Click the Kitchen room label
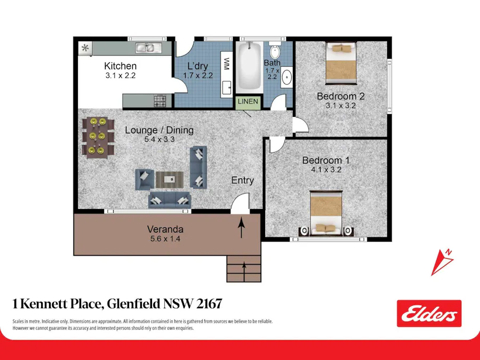tap(120, 66)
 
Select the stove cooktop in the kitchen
tap(160, 100)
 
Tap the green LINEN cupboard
tap(248, 101)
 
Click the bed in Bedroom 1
tap(326, 212)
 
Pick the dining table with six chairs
tap(98, 138)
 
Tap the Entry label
tap(243, 180)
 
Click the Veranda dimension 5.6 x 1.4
tap(165, 239)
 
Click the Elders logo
tap(429, 314)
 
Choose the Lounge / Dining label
tap(159, 130)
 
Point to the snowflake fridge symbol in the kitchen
tap(84, 48)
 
